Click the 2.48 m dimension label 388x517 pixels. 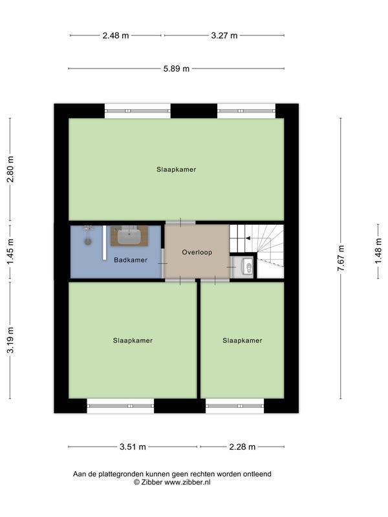click(x=116, y=36)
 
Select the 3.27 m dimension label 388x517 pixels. click(x=224, y=36)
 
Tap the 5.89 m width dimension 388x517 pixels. click(x=177, y=69)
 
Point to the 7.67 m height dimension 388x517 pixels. click(x=341, y=258)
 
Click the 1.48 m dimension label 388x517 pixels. click(x=378, y=251)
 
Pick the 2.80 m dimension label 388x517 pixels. click(x=10, y=169)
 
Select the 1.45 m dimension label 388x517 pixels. click(x=10, y=251)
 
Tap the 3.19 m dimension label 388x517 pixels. click(x=10, y=340)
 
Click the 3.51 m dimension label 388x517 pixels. click(x=133, y=447)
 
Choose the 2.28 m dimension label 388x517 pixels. click(x=242, y=447)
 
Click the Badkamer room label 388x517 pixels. click(x=131, y=260)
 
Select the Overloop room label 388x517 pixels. click(x=197, y=252)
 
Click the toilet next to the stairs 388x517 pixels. click(x=248, y=266)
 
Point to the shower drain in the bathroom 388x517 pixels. click(x=88, y=242)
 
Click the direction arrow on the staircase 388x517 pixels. click(x=248, y=238)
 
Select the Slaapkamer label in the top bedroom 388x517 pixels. click(x=176, y=169)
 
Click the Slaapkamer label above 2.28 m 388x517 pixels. click(x=242, y=341)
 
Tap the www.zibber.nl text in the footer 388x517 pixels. click(x=188, y=482)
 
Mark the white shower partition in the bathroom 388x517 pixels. click(x=104, y=243)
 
